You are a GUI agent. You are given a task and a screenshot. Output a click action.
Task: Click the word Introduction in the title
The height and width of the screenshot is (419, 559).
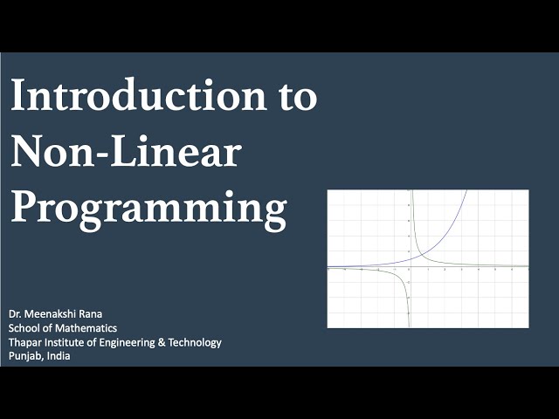(133, 97)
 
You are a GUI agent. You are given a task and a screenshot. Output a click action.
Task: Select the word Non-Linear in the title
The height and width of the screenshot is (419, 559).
(126, 153)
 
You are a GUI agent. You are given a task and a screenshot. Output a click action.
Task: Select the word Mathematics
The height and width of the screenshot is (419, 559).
(86, 328)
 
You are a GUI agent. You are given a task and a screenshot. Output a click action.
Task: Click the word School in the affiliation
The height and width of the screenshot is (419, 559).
(25, 328)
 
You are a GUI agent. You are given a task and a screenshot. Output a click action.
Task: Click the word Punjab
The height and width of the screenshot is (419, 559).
(26, 357)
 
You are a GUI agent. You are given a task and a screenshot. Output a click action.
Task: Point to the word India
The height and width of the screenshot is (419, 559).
(59, 356)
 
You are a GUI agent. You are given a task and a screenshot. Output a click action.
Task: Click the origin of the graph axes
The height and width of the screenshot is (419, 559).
(409, 266)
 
